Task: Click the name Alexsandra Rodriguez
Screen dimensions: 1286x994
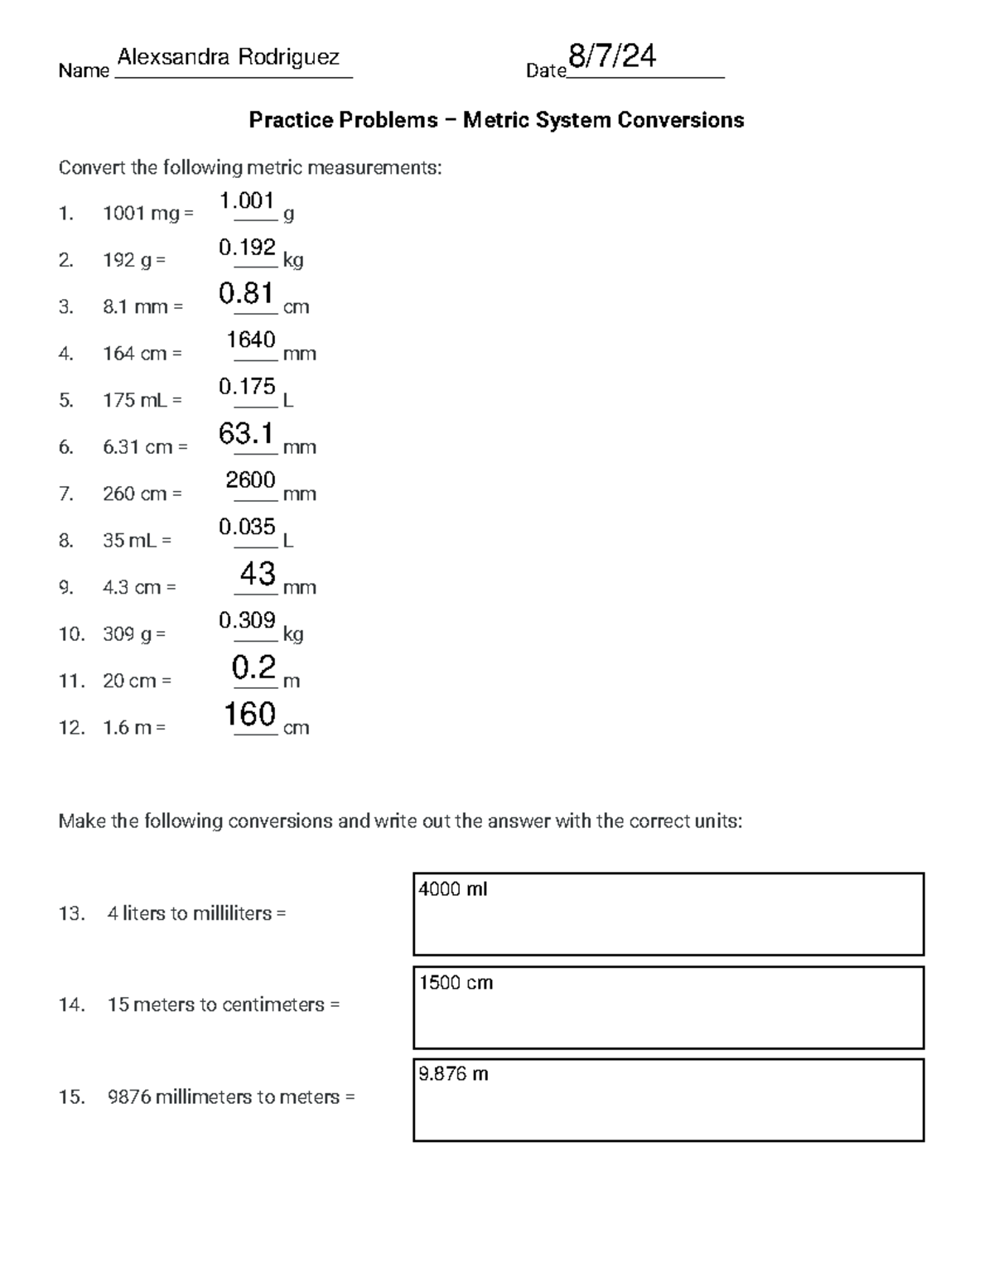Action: tap(229, 57)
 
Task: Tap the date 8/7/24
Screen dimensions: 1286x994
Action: tap(612, 56)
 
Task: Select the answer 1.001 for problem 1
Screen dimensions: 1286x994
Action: tap(247, 200)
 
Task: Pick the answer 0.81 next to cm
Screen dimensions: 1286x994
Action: tap(246, 293)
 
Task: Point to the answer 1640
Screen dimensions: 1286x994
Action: tap(251, 340)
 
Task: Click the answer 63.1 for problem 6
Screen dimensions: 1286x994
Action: tap(246, 433)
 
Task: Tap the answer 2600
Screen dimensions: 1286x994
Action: tap(251, 479)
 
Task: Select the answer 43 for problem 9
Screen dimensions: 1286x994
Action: tap(257, 573)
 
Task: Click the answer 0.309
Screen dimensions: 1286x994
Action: tap(247, 620)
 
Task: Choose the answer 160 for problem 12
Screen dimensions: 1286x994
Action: tap(250, 714)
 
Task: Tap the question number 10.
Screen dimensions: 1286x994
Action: tap(70, 634)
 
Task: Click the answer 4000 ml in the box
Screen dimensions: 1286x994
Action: tap(453, 889)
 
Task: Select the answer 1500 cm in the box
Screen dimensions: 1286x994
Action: tap(456, 983)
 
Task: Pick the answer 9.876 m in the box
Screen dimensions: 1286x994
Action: tap(453, 1074)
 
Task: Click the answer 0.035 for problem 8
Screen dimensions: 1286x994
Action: tap(247, 527)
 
